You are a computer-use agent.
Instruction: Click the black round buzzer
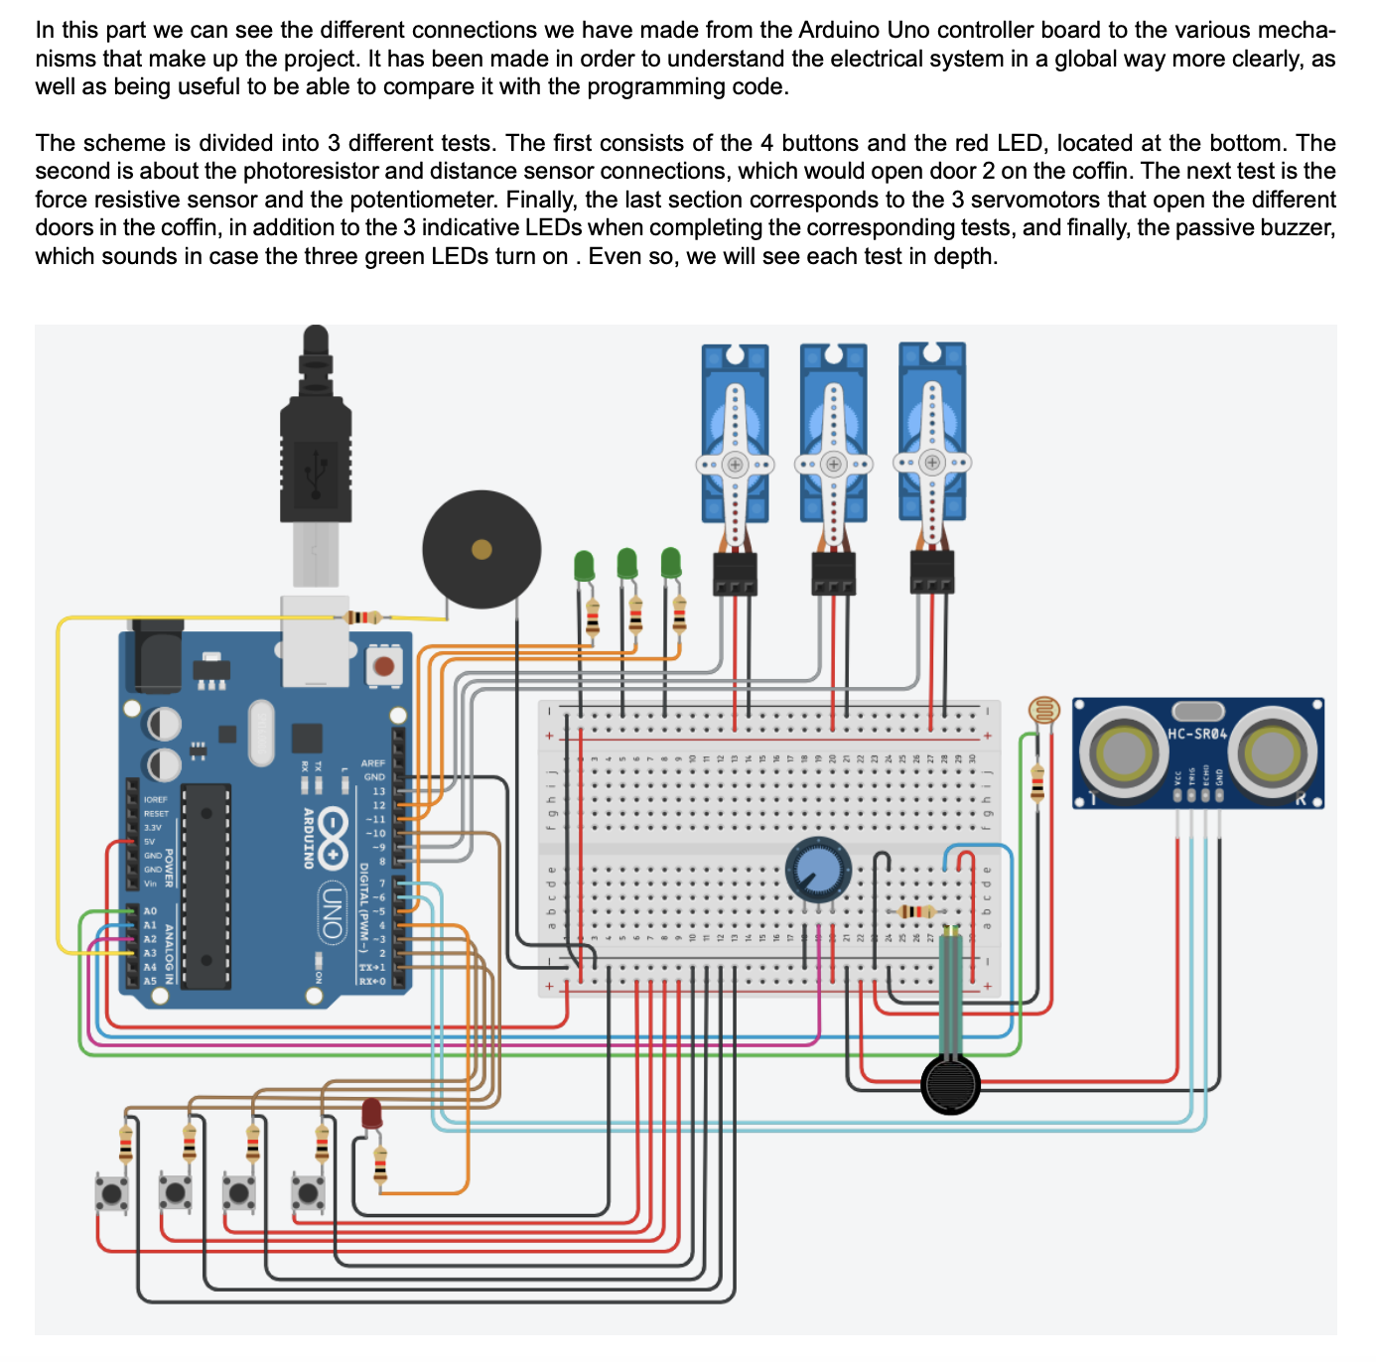(482, 549)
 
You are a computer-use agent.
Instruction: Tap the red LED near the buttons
(372, 1114)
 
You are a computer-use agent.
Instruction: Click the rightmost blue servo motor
(931, 433)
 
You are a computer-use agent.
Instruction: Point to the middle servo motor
(833, 433)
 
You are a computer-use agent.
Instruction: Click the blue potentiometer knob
(818, 870)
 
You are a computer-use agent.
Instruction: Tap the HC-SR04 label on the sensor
(1197, 734)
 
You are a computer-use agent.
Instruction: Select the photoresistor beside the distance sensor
(1043, 710)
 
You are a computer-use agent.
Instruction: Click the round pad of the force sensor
(950, 1084)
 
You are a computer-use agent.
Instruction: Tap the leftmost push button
(111, 1192)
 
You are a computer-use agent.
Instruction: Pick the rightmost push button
(308, 1192)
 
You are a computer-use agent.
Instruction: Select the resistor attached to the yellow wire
(362, 617)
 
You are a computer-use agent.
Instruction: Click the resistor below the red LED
(380, 1165)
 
